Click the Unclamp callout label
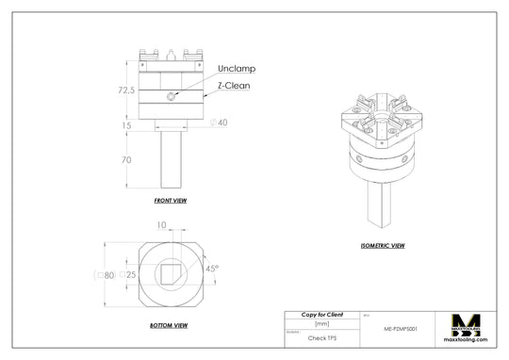click(237, 69)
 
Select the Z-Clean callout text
click(236, 85)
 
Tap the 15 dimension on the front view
click(126, 124)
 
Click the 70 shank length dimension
click(126, 160)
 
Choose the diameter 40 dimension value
click(222, 123)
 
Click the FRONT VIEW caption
click(171, 201)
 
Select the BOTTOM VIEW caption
click(170, 324)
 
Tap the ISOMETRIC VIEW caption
click(383, 246)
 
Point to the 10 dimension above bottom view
click(162, 225)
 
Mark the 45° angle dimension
click(211, 269)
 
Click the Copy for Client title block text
click(321, 314)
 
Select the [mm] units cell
click(321, 324)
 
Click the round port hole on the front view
click(171, 96)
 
